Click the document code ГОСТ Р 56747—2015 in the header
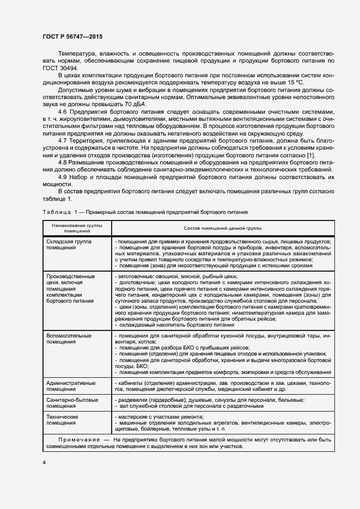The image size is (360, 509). coord(72,36)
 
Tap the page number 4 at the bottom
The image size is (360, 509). coord(44,462)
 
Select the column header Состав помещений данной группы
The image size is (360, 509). coord(215,228)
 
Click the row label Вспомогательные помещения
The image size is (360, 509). coord(69,339)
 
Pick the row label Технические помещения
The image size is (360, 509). coord(62,419)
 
